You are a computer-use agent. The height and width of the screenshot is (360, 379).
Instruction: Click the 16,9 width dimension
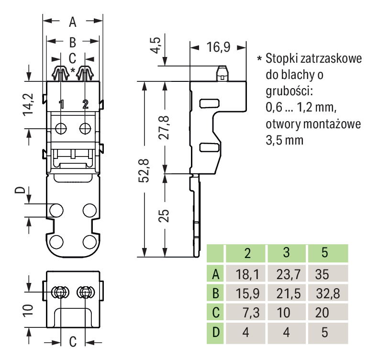pos(218,47)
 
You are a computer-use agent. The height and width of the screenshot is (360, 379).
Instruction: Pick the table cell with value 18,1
pos(247,274)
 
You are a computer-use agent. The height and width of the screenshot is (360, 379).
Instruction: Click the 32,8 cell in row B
pos(328,293)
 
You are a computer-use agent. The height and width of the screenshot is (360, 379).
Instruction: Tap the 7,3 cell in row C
pos(251,313)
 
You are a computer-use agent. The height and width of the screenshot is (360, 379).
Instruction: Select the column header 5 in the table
pos(325,253)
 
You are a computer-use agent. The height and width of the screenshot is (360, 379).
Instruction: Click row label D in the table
pos(216,332)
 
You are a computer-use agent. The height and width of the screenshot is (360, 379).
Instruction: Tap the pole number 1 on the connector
pos(61,104)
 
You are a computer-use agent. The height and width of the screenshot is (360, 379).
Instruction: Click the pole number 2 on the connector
pos(85,104)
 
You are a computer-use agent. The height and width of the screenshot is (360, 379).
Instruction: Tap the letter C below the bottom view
pos(73,342)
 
